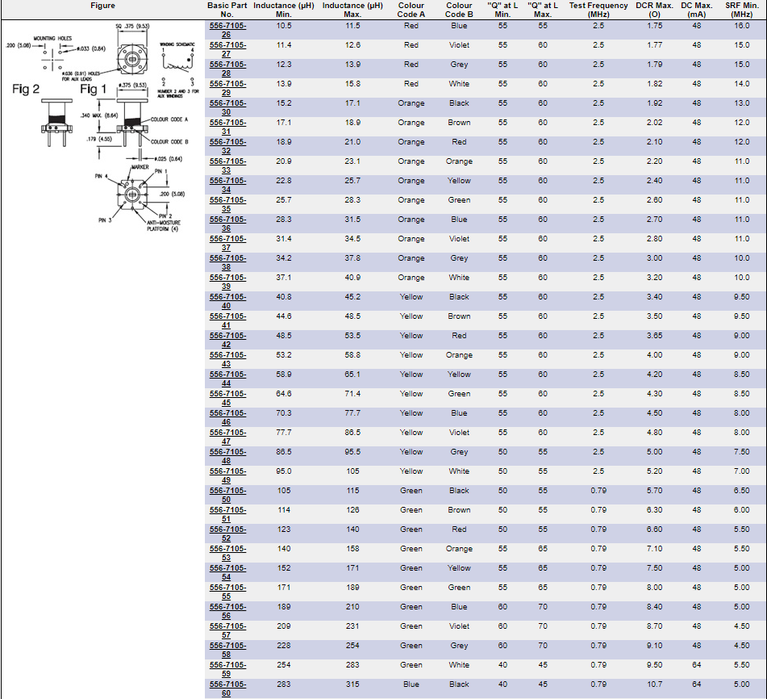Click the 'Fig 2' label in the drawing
click(x=26, y=89)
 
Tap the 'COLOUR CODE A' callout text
click(x=169, y=119)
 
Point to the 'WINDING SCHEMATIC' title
click(x=177, y=44)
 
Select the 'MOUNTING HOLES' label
click(x=53, y=38)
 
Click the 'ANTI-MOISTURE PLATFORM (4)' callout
click(x=162, y=225)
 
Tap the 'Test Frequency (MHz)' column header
click(x=598, y=10)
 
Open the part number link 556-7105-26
click(x=228, y=30)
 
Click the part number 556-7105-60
click(x=228, y=689)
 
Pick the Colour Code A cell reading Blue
click(x=411, y=684)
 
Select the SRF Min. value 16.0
click(x=741, y=26)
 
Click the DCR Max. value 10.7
click(x=654, y=684)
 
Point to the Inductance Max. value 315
click(x=352, y=684)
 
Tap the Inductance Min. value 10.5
click(x=283, y=26)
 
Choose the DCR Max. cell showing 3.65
click(x=654, y=336)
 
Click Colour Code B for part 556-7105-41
click(x=459, y=316)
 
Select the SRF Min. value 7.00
click(x=741, y=471)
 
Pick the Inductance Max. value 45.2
click(x=352, y=297)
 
